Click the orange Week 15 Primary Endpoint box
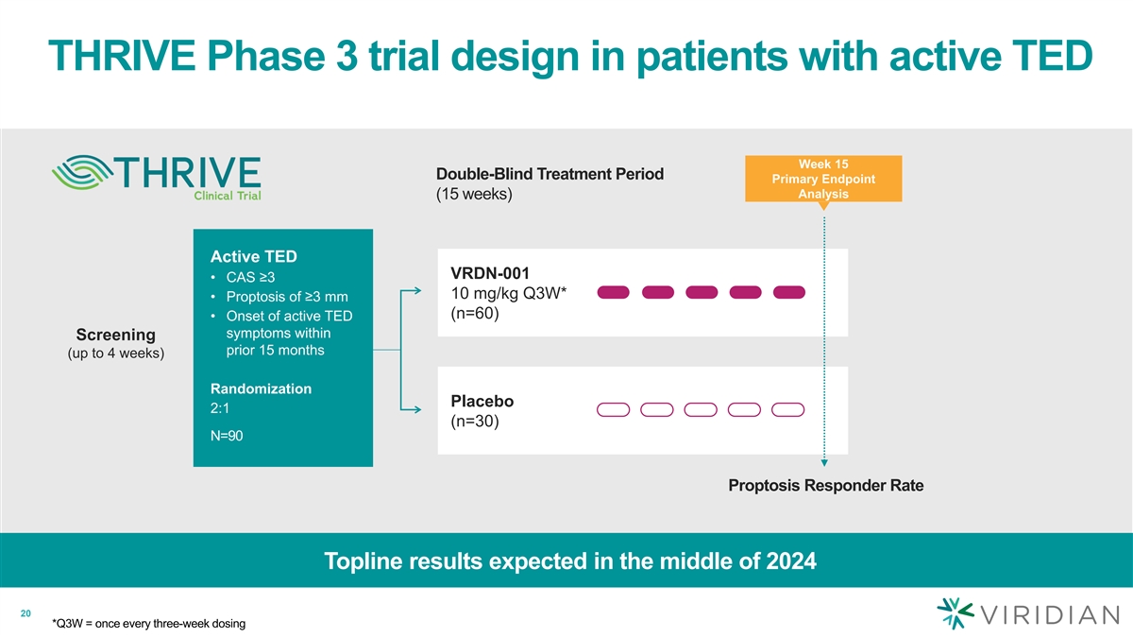tap(823, 179)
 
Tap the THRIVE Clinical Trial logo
tap(157, 178)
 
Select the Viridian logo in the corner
tap(1028, 613)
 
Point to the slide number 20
tap(25, 613)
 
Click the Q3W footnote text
tap(149, 623)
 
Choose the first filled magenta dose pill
tap(613, 292)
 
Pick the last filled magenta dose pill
tap(789, 292)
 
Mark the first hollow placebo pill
tap(613, 409)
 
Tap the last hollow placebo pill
tap(788, 409)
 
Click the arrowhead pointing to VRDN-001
tap(417, 291)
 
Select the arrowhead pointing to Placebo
tap(417, 409)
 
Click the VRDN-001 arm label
tap(490, 273)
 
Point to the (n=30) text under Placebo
tap(474, 422)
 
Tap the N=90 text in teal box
tap(227, 436)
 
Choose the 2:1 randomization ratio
tap(219, 408)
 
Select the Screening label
tap(116, 335)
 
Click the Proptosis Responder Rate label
tap(826, 485)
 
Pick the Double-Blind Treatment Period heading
tap(550, 174)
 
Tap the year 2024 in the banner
tap(791, 561)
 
